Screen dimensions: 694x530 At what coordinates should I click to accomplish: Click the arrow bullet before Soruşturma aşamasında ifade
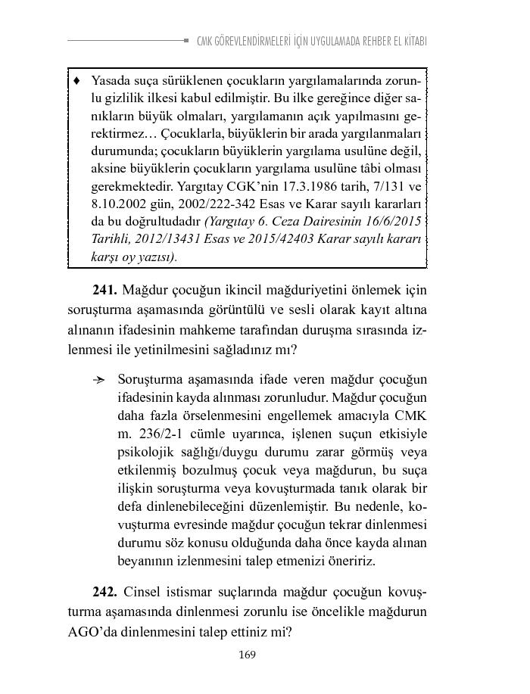click(98, 378)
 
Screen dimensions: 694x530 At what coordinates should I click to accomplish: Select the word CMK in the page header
click(204, 40)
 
